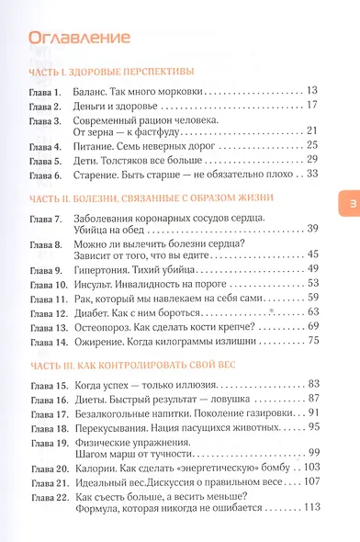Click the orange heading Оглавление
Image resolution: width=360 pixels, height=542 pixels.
tap(79, 38)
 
